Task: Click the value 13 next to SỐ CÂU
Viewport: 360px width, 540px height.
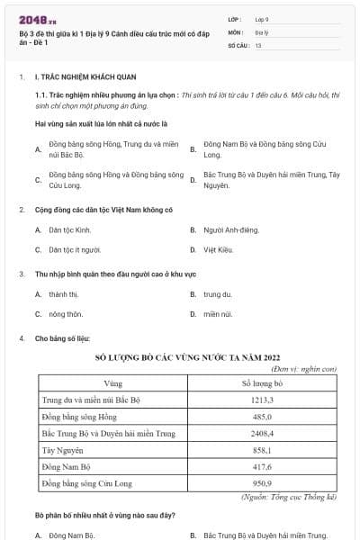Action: click(x=257, y=44)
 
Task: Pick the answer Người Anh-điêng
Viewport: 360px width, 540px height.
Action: click(x=233, y=229)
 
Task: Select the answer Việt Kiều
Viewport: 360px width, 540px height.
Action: click(x=220, y=249)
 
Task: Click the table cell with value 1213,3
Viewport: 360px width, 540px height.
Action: click(x=263, y=400)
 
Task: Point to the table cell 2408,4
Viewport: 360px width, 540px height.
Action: click(x=263, y=434)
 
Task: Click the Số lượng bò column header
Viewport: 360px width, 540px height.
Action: click(x=263, y=383)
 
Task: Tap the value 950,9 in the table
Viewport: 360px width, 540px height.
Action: click(x=263, y=484)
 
